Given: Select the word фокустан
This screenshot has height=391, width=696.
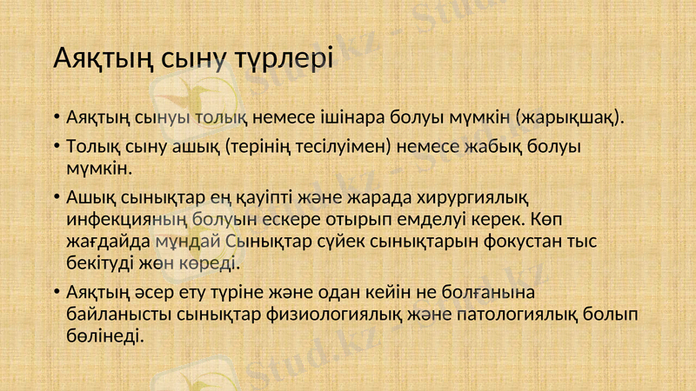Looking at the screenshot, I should [520, 239].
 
